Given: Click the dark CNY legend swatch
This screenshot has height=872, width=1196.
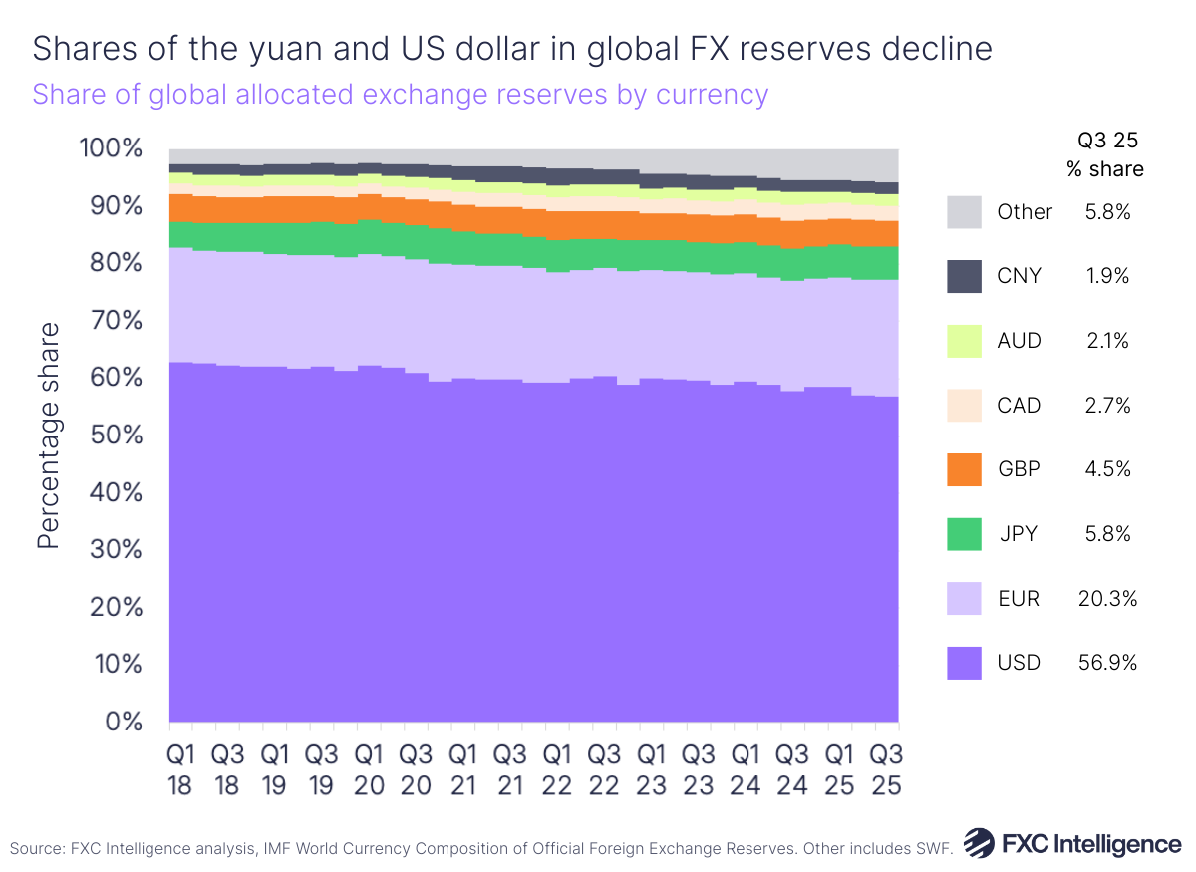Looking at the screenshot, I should tap(963, 276).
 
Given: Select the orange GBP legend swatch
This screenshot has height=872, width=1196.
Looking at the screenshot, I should tap(963, 469).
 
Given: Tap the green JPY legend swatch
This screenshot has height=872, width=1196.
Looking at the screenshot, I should tap(963, 534).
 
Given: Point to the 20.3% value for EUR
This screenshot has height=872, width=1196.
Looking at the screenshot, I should tap(1107, 599).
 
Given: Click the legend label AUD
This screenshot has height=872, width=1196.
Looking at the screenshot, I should tap(1019, 341).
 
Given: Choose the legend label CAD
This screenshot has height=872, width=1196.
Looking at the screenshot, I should tap(1019, 406).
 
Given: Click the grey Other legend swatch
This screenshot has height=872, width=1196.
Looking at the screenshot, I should tap(963, 211).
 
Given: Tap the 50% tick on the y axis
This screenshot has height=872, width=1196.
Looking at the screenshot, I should tap(117, 436).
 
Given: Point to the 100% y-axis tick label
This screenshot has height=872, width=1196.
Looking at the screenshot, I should tap(111, 149).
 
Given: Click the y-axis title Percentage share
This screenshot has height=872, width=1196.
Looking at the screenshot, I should tap(49, 436).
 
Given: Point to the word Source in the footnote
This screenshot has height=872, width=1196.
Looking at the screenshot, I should tap(37, 849).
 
